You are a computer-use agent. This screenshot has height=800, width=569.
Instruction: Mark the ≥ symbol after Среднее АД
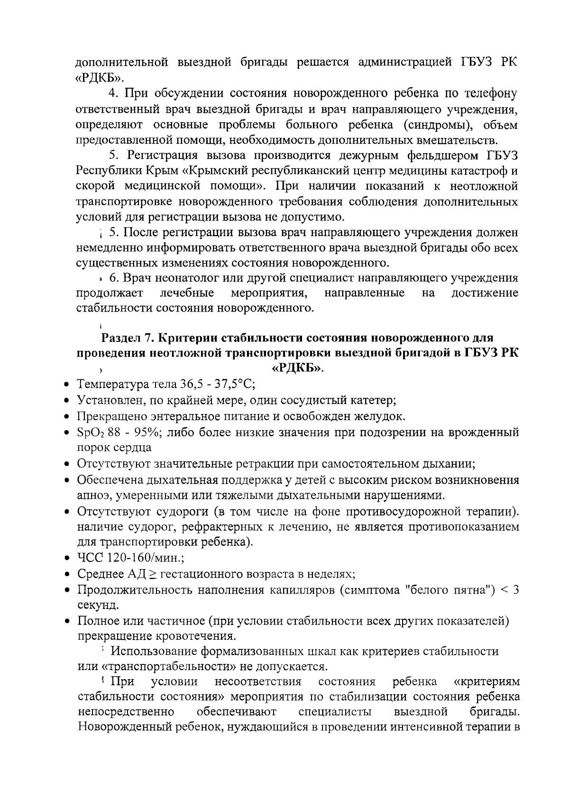click(x=152, y=574)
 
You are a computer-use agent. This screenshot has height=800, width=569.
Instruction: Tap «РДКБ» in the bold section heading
click(x=297, y=368)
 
